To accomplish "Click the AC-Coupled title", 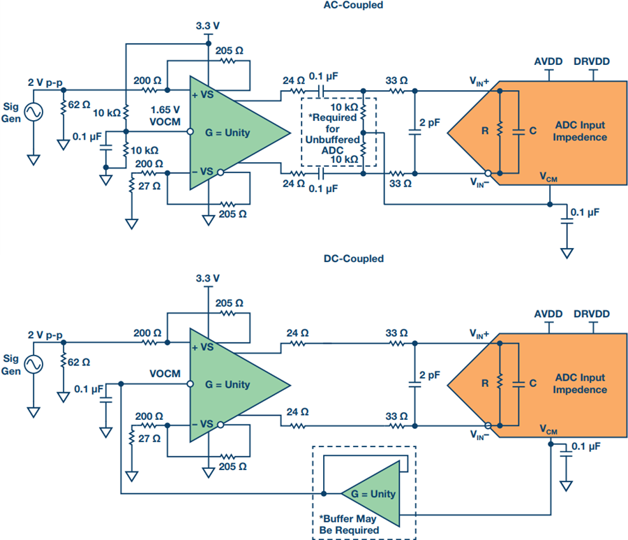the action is tap(353, 5).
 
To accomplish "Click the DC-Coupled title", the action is tap(353, 258).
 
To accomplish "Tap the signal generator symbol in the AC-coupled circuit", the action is tap(33, 112).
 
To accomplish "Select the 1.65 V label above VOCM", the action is tap(165, 110).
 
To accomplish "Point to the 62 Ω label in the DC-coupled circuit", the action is tap(79, 363).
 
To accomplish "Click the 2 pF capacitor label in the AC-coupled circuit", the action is tap(430, 123).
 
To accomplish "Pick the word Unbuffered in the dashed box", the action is tap(332, 140).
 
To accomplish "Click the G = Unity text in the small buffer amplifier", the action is tap(373, 494).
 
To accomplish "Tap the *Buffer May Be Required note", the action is tap(349, 525).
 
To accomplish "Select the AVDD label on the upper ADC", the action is tap(548, 61).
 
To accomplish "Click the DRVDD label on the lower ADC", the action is tap(592, 314).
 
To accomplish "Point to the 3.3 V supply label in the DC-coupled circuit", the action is tap(207, 278).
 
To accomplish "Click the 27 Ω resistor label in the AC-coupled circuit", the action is tap(149, 186).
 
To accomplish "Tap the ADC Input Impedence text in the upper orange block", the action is tap(580, 131).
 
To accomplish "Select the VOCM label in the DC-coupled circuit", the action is tap(165, 374).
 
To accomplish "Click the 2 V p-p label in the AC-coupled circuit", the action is tap(45, 82).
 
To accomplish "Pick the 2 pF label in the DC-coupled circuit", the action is tap(430, 375).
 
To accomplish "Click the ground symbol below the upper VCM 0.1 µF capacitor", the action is tap(567, 254).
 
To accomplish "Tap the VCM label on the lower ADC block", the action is tap(548, 430).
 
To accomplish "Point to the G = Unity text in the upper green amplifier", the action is tap(227, 133).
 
